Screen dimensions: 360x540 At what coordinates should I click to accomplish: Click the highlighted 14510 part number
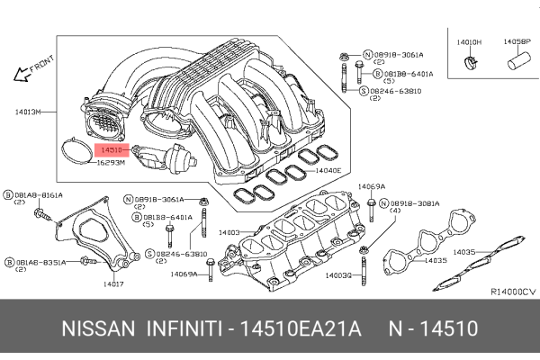point(112,149)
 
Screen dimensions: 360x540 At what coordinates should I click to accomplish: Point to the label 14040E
point(328,169)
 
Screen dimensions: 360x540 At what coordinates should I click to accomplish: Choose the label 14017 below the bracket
point(112,284)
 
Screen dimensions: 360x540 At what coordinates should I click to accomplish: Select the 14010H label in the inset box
point(469,42)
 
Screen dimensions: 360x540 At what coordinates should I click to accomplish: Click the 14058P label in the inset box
point(515,42)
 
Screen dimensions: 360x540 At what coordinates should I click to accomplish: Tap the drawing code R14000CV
point(512,292)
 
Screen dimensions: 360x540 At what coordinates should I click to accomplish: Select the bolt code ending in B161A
point(38,194)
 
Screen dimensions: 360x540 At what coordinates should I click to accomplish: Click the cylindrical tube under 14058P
point(517,64)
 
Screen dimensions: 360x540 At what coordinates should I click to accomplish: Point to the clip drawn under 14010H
point(469,62)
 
